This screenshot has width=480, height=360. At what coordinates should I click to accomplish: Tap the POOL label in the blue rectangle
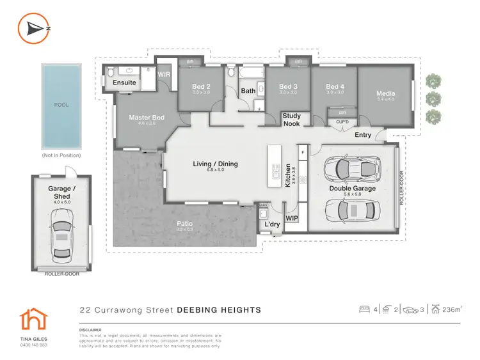click(61, 105)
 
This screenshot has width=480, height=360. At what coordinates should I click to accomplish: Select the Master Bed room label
click(147, 118)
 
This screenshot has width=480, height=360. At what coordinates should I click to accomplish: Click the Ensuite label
click(124, 82)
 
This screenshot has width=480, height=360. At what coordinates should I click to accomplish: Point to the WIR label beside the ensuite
click(164, 75)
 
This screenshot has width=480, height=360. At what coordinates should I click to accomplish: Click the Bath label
click(248, 91)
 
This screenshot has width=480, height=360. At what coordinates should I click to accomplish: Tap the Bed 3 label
click(289, 87)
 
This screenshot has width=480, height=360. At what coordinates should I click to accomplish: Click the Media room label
click(385, 93)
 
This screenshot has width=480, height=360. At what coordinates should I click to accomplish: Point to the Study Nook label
click(292, 120)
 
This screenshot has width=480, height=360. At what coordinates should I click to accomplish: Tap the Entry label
click(363, 135)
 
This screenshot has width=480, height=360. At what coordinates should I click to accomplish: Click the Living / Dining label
click(215, 164)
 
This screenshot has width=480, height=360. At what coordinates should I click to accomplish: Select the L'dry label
click(271, 225)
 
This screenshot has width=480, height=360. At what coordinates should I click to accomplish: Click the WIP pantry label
click(291, 219)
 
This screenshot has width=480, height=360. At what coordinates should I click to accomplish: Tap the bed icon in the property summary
click(365, 309)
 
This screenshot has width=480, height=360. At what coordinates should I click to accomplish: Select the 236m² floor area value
click(451, 310)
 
